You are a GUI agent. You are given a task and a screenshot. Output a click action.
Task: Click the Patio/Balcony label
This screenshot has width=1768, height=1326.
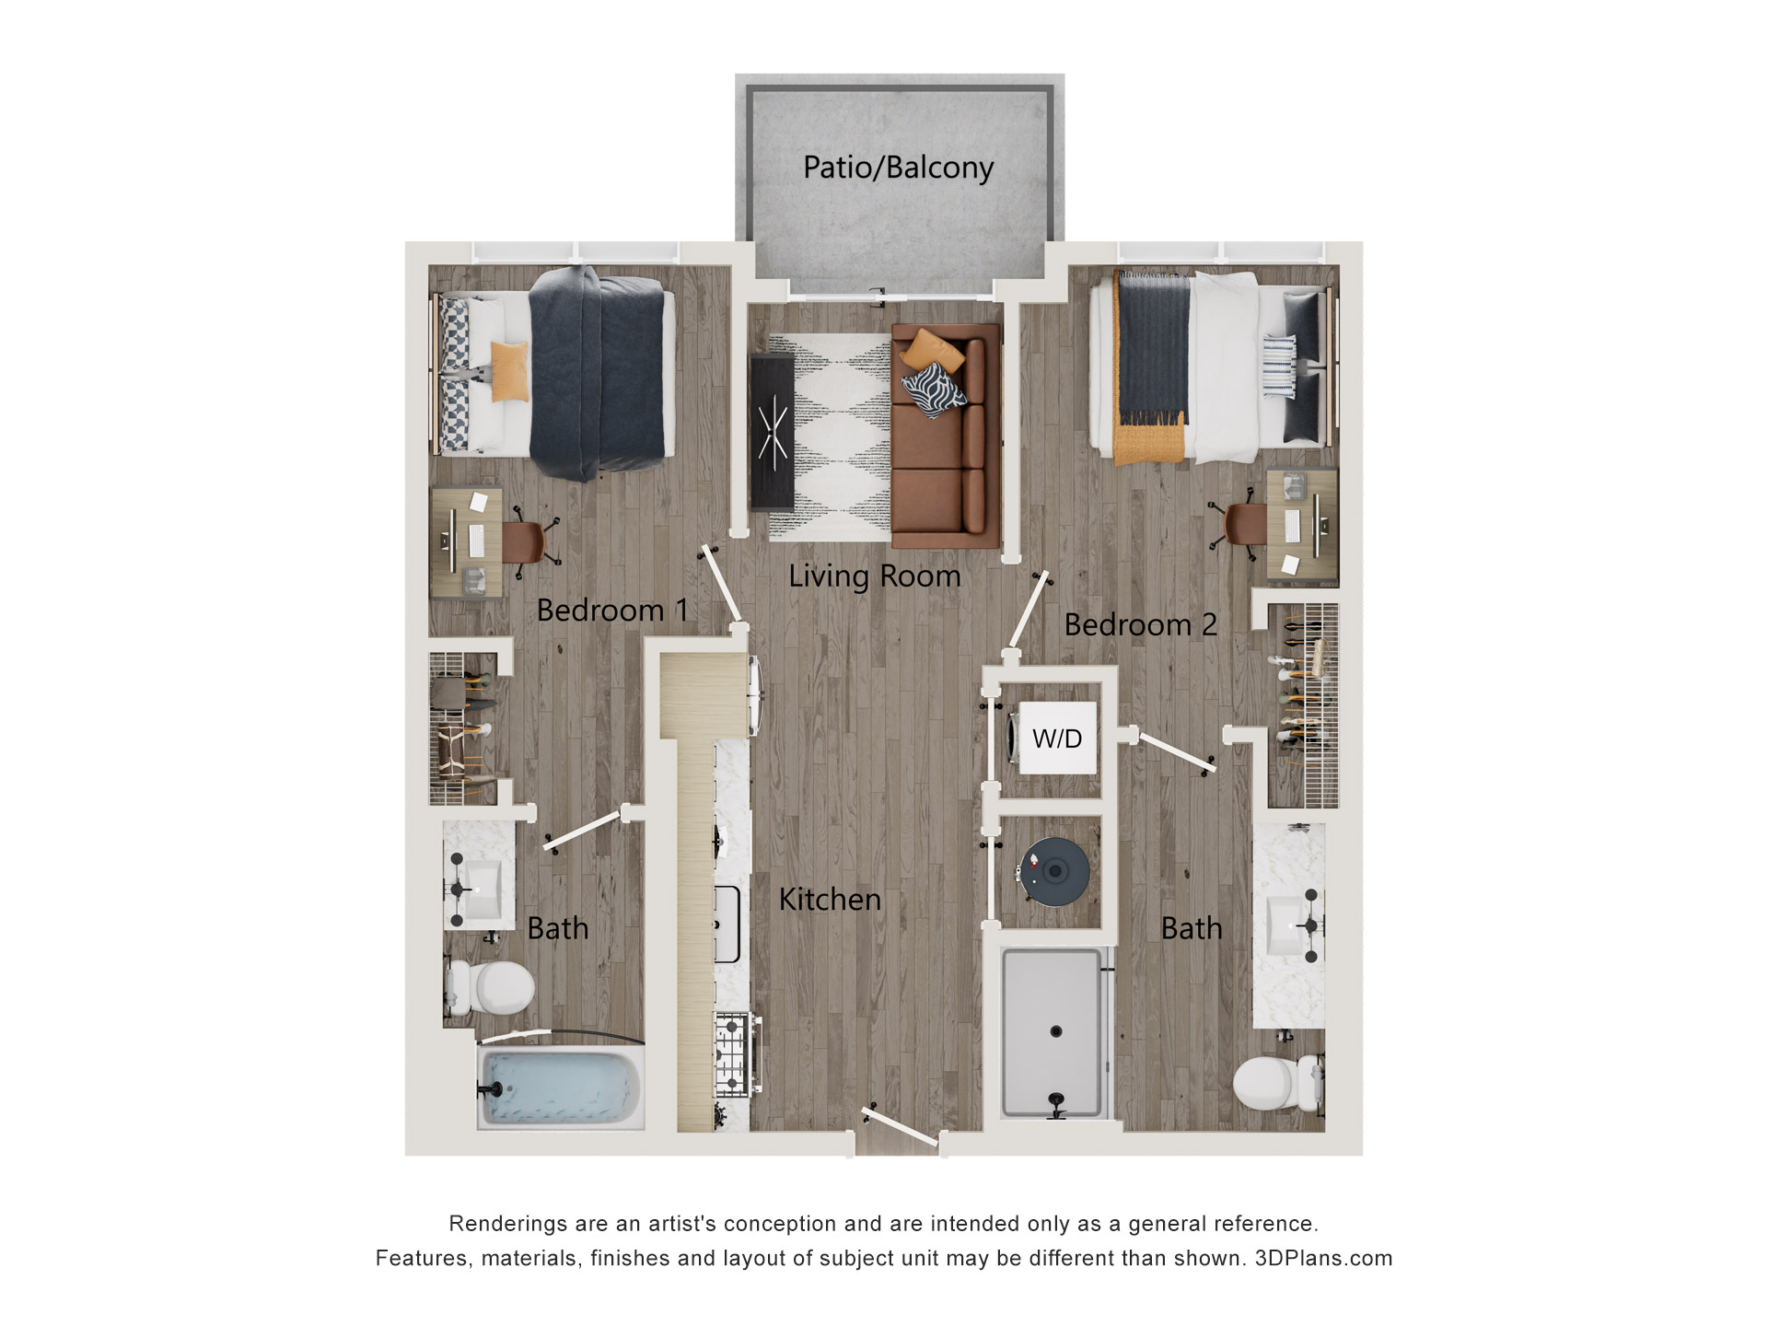898,168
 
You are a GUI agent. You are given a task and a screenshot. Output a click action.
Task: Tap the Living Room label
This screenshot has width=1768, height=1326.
874,576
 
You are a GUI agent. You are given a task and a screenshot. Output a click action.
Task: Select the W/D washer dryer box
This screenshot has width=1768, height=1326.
1056,738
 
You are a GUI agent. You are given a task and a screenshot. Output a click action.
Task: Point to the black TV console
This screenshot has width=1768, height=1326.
772,431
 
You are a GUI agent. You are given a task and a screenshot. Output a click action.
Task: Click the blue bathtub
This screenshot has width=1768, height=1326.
560,1088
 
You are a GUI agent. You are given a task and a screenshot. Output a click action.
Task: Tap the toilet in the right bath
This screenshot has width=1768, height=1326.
1275,1084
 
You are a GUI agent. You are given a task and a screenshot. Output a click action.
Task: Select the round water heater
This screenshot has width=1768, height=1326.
1054,870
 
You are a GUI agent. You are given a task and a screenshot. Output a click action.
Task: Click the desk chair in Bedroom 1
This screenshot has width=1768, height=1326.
527,541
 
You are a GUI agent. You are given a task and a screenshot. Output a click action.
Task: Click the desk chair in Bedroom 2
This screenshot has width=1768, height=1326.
1242,525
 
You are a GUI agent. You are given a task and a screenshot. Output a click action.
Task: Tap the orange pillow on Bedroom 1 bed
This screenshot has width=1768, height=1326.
509,371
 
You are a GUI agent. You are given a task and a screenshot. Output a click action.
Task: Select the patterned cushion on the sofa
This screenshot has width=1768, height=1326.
934,390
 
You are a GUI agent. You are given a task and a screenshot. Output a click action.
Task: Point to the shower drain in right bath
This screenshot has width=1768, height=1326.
1056,1031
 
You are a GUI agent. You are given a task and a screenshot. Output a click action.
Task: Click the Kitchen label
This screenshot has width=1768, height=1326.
830,900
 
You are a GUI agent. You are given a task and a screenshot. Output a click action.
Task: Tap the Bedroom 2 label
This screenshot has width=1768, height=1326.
1140,625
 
